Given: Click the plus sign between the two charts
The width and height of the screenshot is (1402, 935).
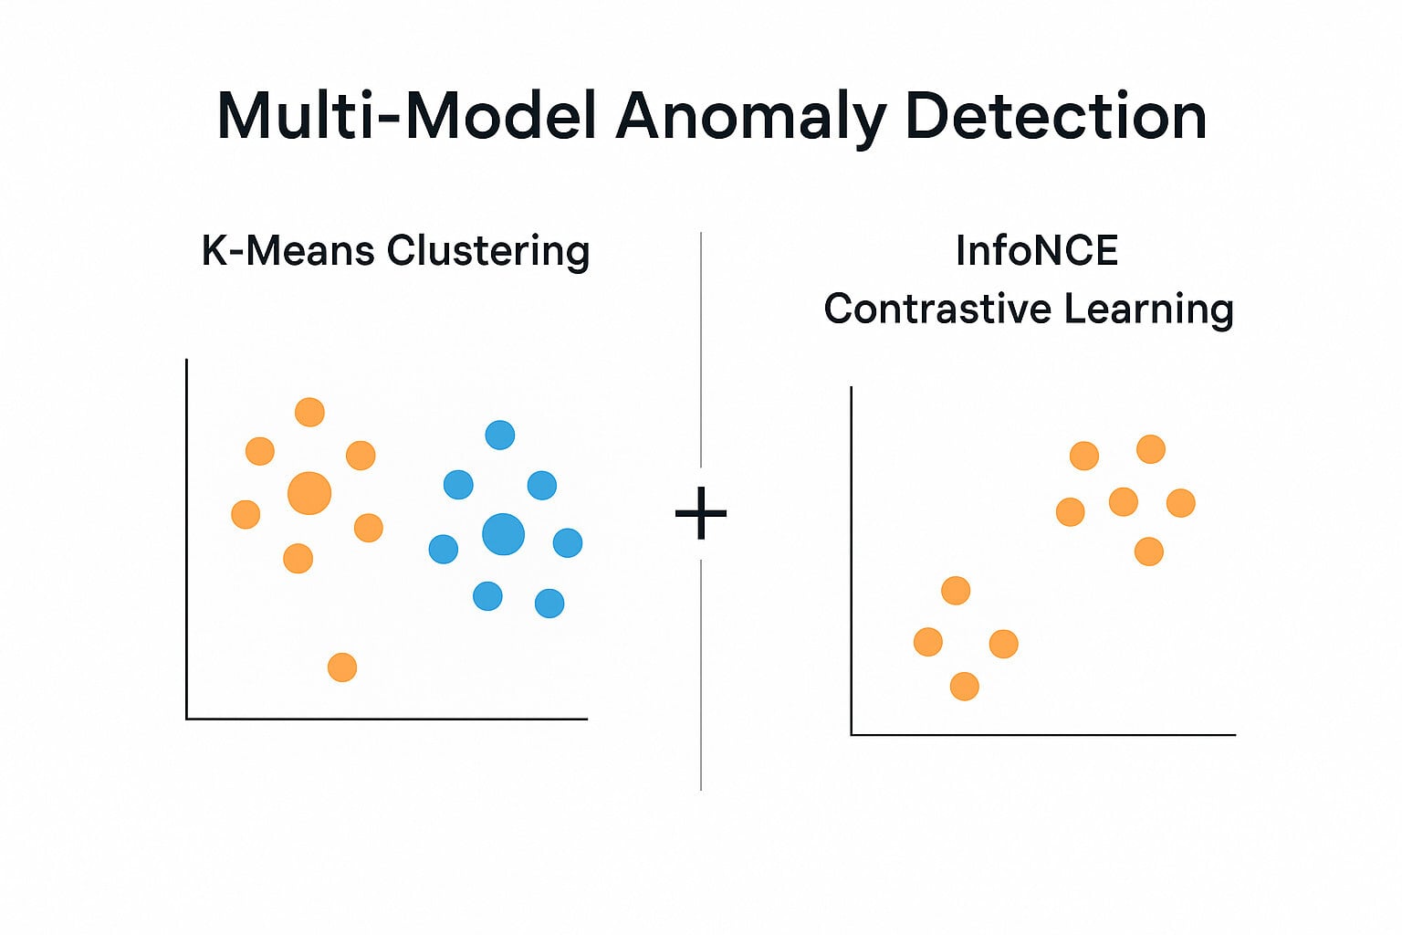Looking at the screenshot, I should tap(700, 514).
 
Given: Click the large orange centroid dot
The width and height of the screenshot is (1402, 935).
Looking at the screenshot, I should tap(309, 493).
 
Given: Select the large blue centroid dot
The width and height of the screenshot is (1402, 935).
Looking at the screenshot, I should tap(503, 534).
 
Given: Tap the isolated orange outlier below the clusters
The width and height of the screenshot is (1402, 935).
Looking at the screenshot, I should tap(342, 667).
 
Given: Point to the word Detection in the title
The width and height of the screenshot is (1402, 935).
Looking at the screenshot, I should tap(1056, 116).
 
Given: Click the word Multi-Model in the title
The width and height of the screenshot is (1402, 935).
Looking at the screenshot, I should tap(407, 116).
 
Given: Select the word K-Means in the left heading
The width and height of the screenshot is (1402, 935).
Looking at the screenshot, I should tap(288, 250).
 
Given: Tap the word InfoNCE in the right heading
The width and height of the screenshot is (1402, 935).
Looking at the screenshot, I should tap(1037, 250).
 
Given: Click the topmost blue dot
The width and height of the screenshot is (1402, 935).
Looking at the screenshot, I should tap(500, 435).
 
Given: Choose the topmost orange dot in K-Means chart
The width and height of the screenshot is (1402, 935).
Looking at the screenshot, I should tap(309, 412).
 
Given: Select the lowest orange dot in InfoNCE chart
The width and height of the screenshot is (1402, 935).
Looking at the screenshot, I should tap(965, 686).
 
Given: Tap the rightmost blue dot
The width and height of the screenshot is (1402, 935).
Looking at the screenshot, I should tap(568, 542).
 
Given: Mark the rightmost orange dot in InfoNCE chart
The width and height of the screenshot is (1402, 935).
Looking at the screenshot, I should tap(1181, 502).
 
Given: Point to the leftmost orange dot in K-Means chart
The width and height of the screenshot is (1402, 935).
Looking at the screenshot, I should tap(246, 514).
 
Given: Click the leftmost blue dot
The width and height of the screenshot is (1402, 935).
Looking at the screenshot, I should tap(443, 549).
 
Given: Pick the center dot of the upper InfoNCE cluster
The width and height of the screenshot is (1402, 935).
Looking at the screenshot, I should tap(1124, 501).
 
